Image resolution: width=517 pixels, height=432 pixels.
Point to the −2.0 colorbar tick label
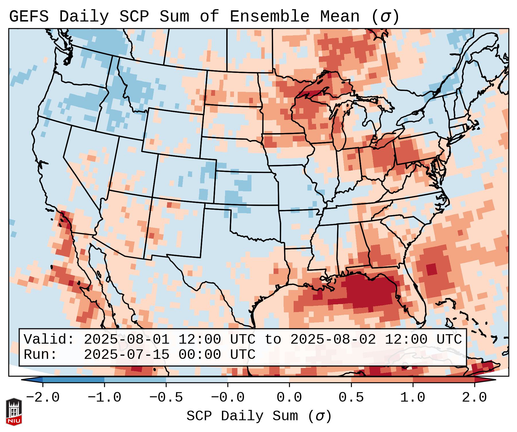(x=43, y=398)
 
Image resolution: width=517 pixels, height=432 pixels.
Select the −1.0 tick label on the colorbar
(x=104, y=398)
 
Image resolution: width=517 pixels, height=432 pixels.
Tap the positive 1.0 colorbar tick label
(x=413, y=398)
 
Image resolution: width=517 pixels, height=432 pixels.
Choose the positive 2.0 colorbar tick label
(x=475, y=398)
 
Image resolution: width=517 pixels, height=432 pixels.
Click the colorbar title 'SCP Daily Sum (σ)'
(x=259, y=416)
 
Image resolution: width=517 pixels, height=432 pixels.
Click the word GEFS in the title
(x=29, y=17)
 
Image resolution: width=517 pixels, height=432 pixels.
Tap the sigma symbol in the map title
(x=385, y=17)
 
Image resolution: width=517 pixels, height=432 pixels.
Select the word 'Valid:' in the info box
(x=49, y=339)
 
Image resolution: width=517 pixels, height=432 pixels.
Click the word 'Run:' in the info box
(x=40, y=355)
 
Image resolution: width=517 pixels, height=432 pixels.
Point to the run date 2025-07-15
(x=126, y=355)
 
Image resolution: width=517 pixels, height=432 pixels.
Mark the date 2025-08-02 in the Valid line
(x=333, y=339)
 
